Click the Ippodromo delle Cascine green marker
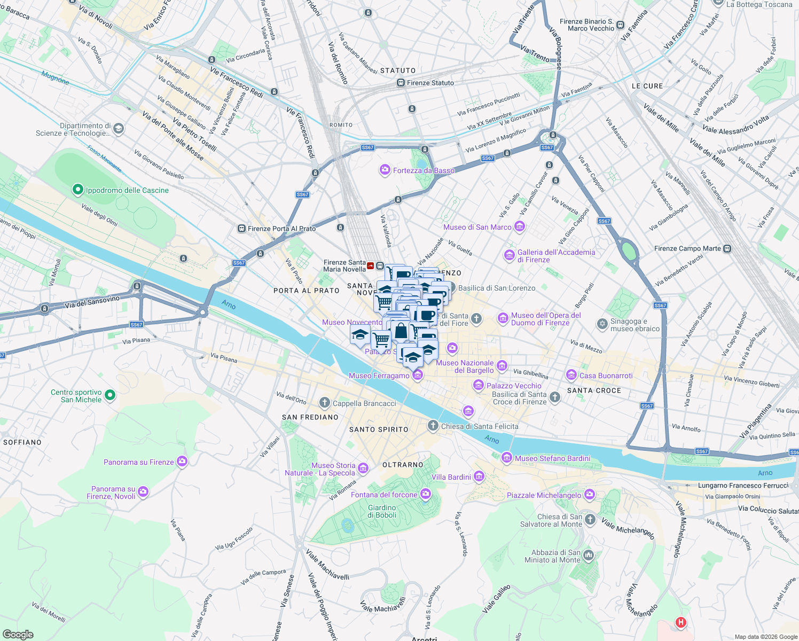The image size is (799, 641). [x=77, y=190]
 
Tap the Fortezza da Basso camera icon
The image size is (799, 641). [x=385, y=170]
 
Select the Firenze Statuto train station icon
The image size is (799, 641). [x=401, y=83]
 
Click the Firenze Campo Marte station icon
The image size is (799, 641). [x=727, y=248]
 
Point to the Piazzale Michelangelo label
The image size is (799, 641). [x=544, y=495]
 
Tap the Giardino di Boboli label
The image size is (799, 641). [x=382, y=511]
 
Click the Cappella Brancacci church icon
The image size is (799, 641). [x=324, y=403]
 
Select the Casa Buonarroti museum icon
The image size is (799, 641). [x=571, y=375]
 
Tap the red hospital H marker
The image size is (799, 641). [x=680, y=622]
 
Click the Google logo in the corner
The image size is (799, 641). [x=18, y=635]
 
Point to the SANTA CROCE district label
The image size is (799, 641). [x=594, y=390]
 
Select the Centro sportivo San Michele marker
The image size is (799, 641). [x=110, y=395]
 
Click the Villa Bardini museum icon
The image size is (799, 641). [x=479, y=476]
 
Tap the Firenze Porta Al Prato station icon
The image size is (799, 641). [x=241, y=229]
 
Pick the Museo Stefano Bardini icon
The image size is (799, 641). [x=507, y=458]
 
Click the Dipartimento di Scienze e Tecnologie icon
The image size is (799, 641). [x=119, y=129]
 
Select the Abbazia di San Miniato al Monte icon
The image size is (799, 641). [x=588, y=556]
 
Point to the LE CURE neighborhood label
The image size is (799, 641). [x=647, y=86]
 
